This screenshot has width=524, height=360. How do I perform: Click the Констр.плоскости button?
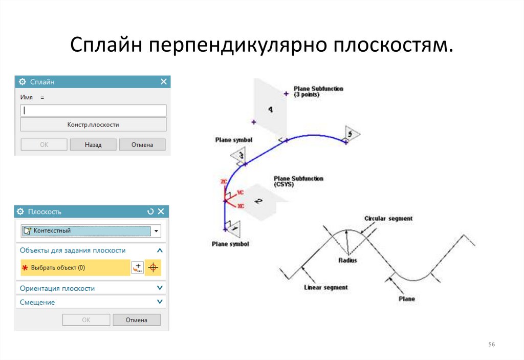(x=93, y=124)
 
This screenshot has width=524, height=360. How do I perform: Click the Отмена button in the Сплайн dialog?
(x=142, y=145)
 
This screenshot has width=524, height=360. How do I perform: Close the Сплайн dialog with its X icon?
(x=164, y=81)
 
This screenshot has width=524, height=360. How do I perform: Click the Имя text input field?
(x=93, y=110)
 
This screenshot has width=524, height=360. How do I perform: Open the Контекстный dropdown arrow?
(x=157, y=231)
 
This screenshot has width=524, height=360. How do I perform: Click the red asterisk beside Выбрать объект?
(x=25, y=268)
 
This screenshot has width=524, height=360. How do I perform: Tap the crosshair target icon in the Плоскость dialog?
(x=152, y=268)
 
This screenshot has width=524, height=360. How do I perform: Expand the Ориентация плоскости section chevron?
(x=160, y=288)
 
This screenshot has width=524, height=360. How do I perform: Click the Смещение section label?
(x=37, y=302)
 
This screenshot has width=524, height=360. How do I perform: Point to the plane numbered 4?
(x=270, y=109)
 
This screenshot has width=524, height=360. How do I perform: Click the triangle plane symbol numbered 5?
(x=351, y=134)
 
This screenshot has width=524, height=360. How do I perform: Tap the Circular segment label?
(x=388, y=219)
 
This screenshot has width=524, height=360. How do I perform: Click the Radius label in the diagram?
(x=347, y=260)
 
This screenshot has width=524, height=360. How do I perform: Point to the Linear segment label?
(x=325, y=287)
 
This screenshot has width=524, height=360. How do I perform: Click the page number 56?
(x=492, y=344)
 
